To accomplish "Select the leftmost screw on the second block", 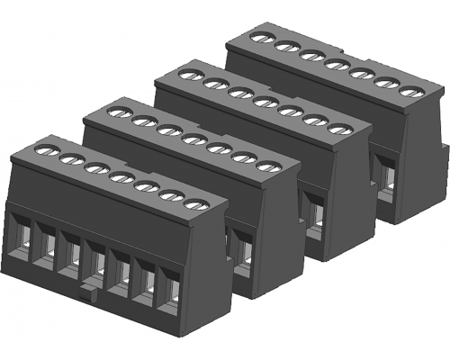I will [117, 112].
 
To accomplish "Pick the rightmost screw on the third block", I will [337, 130].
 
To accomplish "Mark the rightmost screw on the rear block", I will [409, 93].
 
